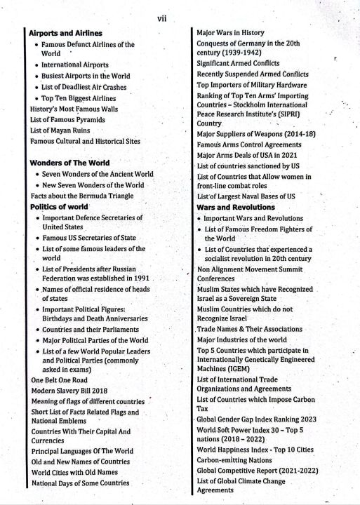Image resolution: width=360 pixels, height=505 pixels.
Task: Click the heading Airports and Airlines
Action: (66, 32)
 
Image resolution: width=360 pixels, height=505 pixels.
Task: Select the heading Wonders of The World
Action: (69, 163)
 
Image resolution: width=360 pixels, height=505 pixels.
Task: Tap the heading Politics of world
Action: (59, 207)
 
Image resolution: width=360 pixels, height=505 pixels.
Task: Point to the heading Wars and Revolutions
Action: (235, 208)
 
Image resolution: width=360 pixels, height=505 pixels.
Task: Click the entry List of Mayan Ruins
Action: (60, 130)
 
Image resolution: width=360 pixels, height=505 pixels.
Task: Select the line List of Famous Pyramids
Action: (67, 120)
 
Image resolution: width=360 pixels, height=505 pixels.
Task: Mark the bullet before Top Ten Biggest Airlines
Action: (36, 98)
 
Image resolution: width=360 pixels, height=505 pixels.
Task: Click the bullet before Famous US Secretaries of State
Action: (36, 238)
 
